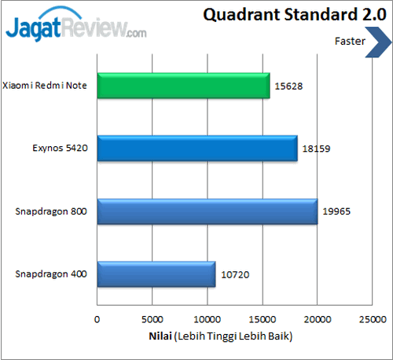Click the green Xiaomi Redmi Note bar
[182, 85]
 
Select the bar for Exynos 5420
[196, 148]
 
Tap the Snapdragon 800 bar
[207, 211]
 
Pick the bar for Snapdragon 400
[156, 274]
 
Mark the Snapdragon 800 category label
[52, 211]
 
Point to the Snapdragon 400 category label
[52, 274]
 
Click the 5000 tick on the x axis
[152, 320]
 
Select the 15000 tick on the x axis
[262, 320]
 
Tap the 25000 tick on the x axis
[372, 320]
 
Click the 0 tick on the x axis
[97, 320]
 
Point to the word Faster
[348, 42]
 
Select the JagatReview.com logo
[76, 28]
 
